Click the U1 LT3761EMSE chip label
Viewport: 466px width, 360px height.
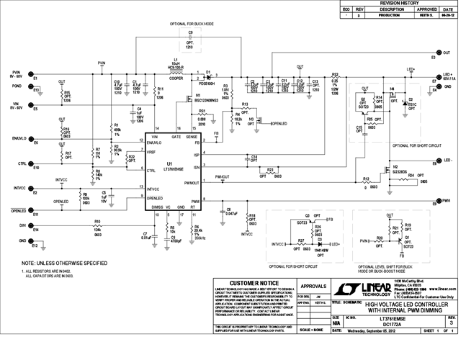coord(170,165)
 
